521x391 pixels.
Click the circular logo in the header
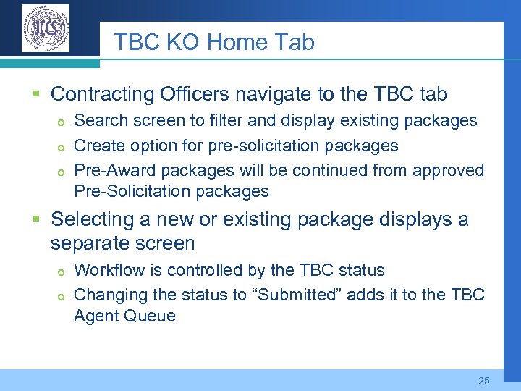46,29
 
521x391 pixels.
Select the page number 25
484,380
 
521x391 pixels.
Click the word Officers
192,94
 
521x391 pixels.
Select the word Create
98,146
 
